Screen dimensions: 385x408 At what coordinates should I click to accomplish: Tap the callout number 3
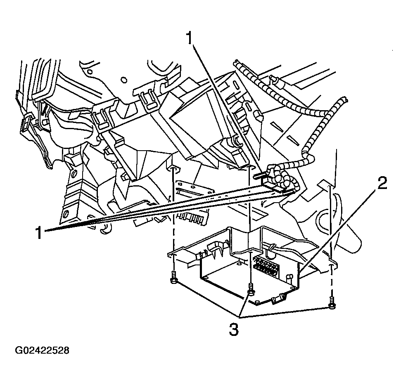[x=233, y=330]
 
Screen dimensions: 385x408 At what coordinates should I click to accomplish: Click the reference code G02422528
[x=42, y=351]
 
